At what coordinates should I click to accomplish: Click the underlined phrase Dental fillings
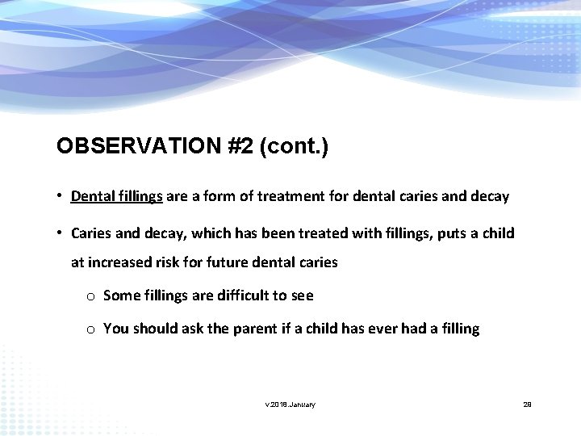tap(117, 196)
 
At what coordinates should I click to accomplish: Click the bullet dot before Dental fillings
tap(61, 196)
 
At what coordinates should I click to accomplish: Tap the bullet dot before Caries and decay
tap(61, 233)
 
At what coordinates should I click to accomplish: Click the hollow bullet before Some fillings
tap(91, 296)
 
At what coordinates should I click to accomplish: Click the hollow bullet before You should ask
tap(91, 329)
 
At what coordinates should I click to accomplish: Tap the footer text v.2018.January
tap(290, 404)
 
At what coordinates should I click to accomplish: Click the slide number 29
tap(527, 404)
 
